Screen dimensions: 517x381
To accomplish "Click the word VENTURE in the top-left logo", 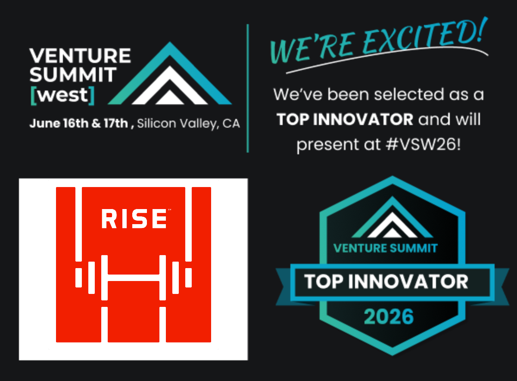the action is coord(80,56).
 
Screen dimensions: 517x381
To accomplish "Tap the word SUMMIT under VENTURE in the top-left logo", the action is coord(73,75).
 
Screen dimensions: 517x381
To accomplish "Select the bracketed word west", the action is coord(62,95).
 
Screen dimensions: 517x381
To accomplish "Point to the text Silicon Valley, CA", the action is coord(189,124).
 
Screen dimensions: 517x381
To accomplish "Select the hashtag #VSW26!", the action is coord(423,144).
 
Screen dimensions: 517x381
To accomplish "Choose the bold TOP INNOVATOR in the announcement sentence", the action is coord(345,119).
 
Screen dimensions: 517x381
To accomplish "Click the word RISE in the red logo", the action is coord(134,219).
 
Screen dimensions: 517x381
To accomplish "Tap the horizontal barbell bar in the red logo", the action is coord(134,278).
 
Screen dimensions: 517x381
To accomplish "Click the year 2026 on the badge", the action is coord(389,317).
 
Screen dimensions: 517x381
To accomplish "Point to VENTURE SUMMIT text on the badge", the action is coord(386,248).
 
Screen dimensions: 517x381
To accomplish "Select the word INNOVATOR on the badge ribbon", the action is coord(408,281).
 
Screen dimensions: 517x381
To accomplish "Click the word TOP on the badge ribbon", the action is coord(324,281).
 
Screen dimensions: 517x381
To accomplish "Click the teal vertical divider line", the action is coord(248,88).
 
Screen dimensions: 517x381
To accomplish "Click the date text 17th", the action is coord(116,123).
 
